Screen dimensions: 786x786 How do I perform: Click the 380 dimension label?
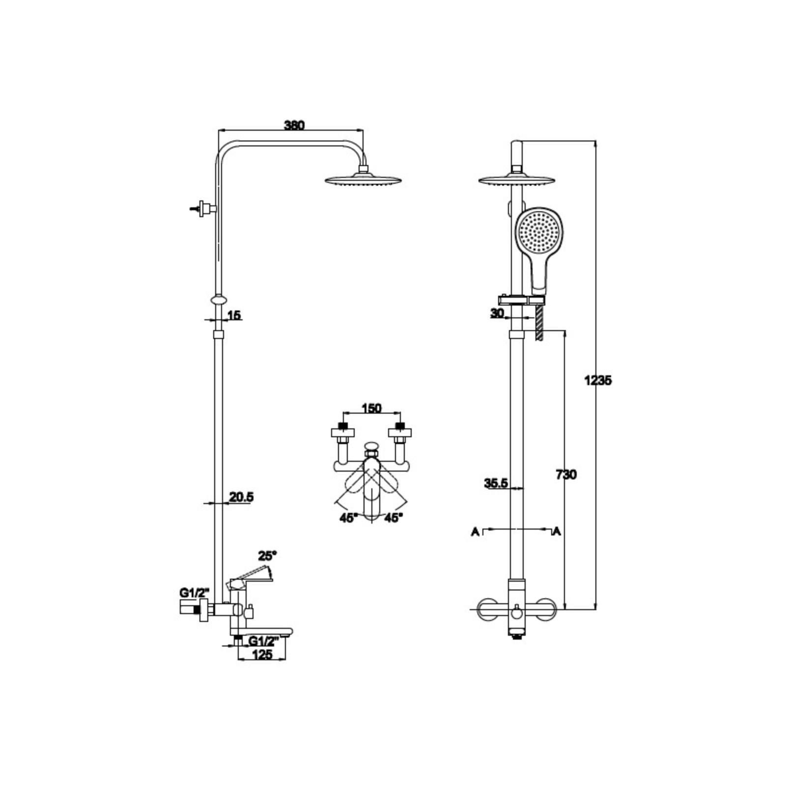(294, 125)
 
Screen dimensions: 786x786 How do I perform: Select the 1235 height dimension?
(598, 380)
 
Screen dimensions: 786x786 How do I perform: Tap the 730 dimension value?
(566, 475)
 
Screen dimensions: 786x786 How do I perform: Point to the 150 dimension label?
(371, 408)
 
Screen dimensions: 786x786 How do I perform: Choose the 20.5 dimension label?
(241, 497)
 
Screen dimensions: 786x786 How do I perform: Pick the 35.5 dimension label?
(496, 483)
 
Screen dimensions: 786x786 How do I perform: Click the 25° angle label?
(268, 556)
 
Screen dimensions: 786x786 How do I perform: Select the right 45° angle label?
(393, 517)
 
